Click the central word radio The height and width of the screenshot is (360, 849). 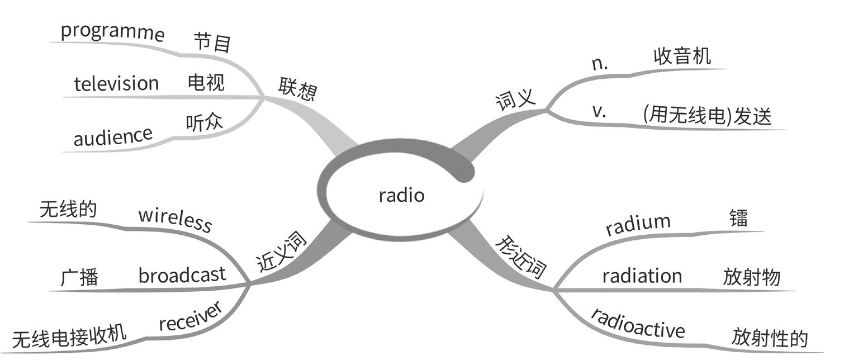pos(401,196)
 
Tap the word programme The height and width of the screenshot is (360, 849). pos(112,33)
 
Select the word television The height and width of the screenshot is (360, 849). pos(116,84)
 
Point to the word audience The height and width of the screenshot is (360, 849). pos(113,136)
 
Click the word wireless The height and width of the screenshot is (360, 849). pos(175,220)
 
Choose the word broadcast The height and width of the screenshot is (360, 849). pos(182,275)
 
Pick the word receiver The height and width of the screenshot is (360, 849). pos(191,317)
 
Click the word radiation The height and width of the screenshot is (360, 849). pos(642,276)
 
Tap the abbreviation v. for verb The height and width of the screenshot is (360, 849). pos(599,111)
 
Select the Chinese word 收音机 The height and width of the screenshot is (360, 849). pos(682,56)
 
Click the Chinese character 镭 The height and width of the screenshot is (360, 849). pos(738,219)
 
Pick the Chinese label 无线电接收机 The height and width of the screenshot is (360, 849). pos(70,338)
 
